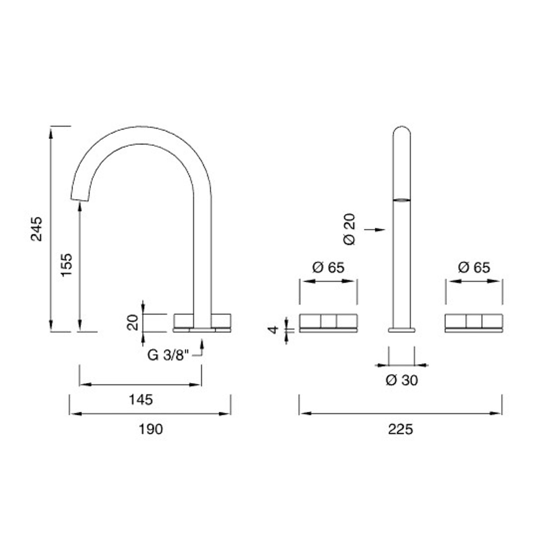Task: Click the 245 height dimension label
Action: pos(37,229)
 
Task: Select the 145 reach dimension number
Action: pos(141,400)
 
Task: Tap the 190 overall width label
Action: pos(150,429)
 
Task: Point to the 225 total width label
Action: pos(400,429)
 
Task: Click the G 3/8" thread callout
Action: pos(168,355)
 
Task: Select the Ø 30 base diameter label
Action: pos(401,380)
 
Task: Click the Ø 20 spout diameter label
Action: pos(350,229)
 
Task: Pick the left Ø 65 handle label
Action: pos(328,267)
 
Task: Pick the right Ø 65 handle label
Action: pos(474,267)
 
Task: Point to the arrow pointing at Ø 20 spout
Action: pos(376,229)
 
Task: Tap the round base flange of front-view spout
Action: pos(402,330)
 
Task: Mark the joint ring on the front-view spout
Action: pos(402,200)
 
